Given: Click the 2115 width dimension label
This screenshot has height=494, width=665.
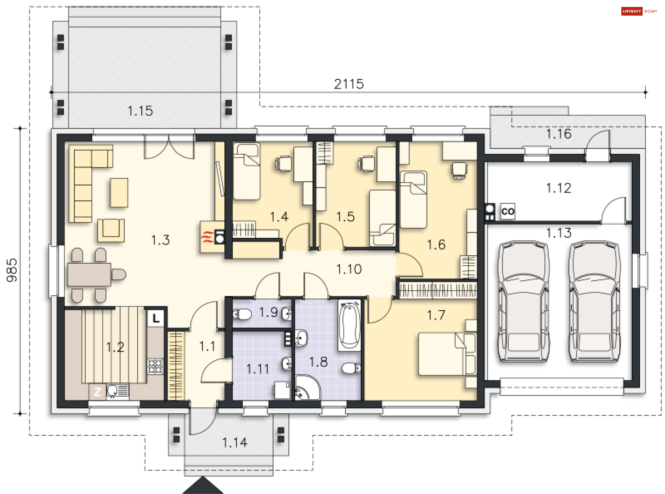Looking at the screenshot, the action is [349, 84].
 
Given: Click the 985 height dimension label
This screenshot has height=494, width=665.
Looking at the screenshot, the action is [12, 270].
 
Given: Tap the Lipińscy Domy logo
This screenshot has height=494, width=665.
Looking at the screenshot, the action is [639, 11].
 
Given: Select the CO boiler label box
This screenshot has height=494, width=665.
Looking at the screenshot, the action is [508, 211].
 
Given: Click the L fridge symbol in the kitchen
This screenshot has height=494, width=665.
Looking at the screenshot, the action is [156, 318].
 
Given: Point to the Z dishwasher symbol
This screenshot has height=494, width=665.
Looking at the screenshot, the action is [97, 392].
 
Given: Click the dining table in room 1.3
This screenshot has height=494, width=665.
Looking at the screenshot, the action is [89, 275].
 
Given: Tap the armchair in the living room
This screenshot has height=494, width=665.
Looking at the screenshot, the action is [111, 230].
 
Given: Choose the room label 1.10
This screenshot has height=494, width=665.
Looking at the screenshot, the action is [349, 269].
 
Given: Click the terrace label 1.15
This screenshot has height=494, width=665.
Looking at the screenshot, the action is [140, 111].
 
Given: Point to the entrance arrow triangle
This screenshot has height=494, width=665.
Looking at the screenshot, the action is [203, 485].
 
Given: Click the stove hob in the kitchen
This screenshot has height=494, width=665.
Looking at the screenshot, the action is [155, 367].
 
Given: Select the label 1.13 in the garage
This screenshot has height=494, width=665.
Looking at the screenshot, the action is [559, 233].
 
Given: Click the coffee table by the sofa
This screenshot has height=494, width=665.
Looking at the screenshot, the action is [119, 193].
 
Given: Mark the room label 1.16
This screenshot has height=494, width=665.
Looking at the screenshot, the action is [559, 134].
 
